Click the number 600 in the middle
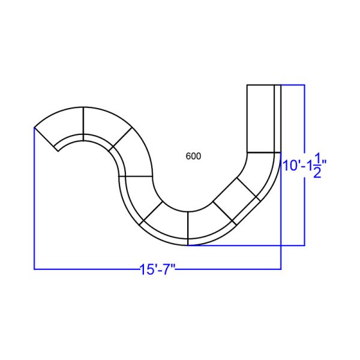click(x=193, y=156)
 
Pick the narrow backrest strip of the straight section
click(x=278, y=118)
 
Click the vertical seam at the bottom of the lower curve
click(x=188, y=228)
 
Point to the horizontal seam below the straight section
click(x=264, y=152)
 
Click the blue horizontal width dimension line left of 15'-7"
click(x=84, y=269)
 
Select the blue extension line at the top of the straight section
click(x=294, y=85)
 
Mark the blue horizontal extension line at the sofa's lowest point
click(x=252, y=245)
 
